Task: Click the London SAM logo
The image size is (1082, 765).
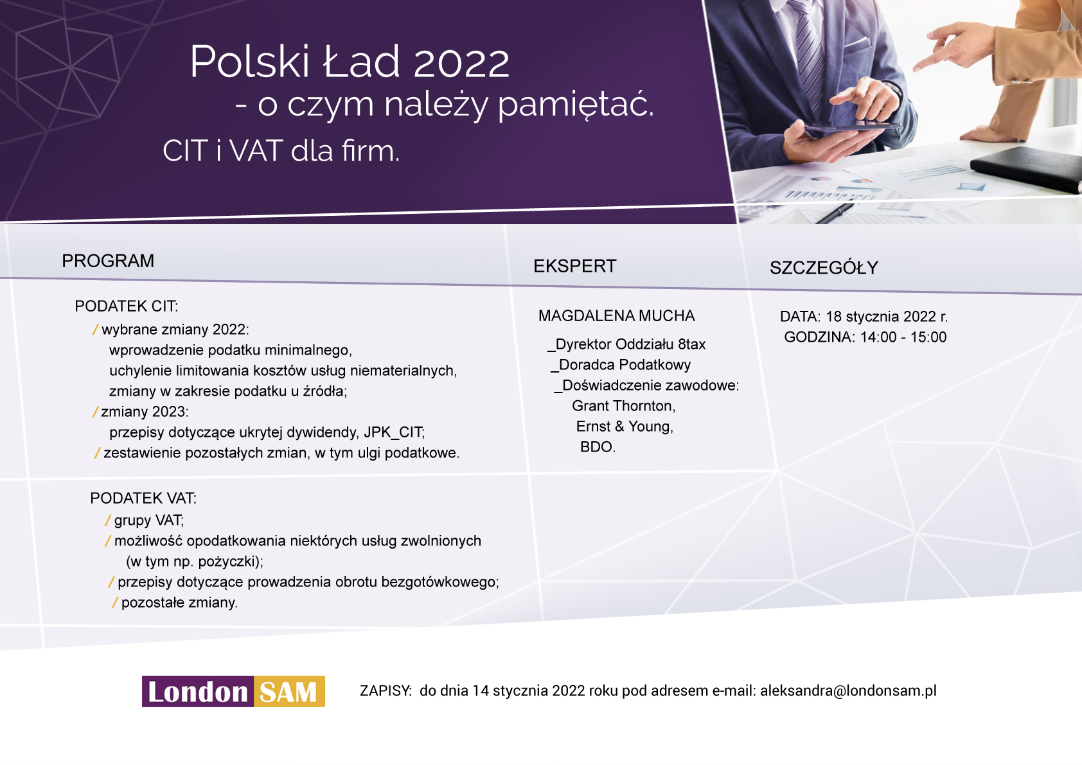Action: point(233,691)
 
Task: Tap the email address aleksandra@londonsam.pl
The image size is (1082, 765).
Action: point(848,690)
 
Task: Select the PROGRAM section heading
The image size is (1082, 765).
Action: point(108,261)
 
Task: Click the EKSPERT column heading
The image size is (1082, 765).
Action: point(575,266)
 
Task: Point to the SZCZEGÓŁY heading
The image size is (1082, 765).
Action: point(824,267)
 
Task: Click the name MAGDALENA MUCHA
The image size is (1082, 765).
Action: point(617,316)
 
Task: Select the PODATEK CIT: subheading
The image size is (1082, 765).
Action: point(127,306)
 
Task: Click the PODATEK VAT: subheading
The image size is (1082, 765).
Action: point(143,498)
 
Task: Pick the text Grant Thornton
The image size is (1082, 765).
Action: point(623,406)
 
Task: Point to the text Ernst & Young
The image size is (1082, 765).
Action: point(624,426)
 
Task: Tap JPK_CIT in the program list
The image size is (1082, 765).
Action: point(393,432)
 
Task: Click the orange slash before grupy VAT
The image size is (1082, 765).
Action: point(108,520)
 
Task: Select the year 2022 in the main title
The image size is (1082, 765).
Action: point(461,63)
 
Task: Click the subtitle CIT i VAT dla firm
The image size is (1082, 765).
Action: point(281,151)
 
